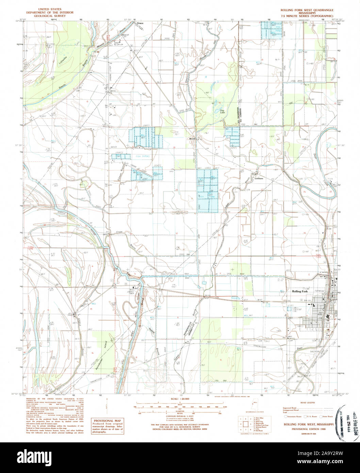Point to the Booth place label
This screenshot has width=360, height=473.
click(x=193, y=139)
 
